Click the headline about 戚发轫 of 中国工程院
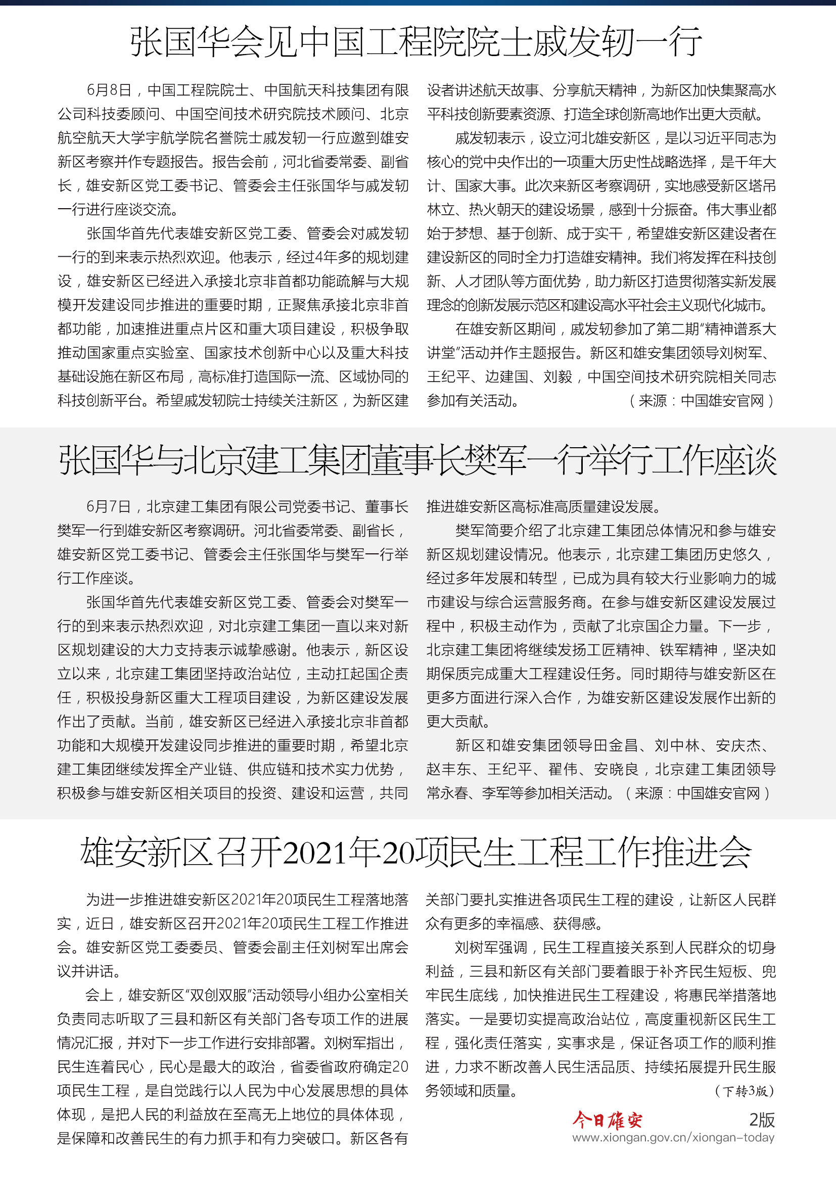(x=416, y=42)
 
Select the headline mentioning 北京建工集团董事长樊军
(x=417, y=460)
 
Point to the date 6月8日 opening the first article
(x=109, y=90)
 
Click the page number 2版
(x=761, y=1120)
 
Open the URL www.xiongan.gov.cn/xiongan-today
(x=673, y=1138)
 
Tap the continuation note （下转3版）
(x=745, y=1091)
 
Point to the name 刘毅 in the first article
(x=558, y=377)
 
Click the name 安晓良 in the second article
(x=616, y=770)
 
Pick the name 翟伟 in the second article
(x=563, y=770)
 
